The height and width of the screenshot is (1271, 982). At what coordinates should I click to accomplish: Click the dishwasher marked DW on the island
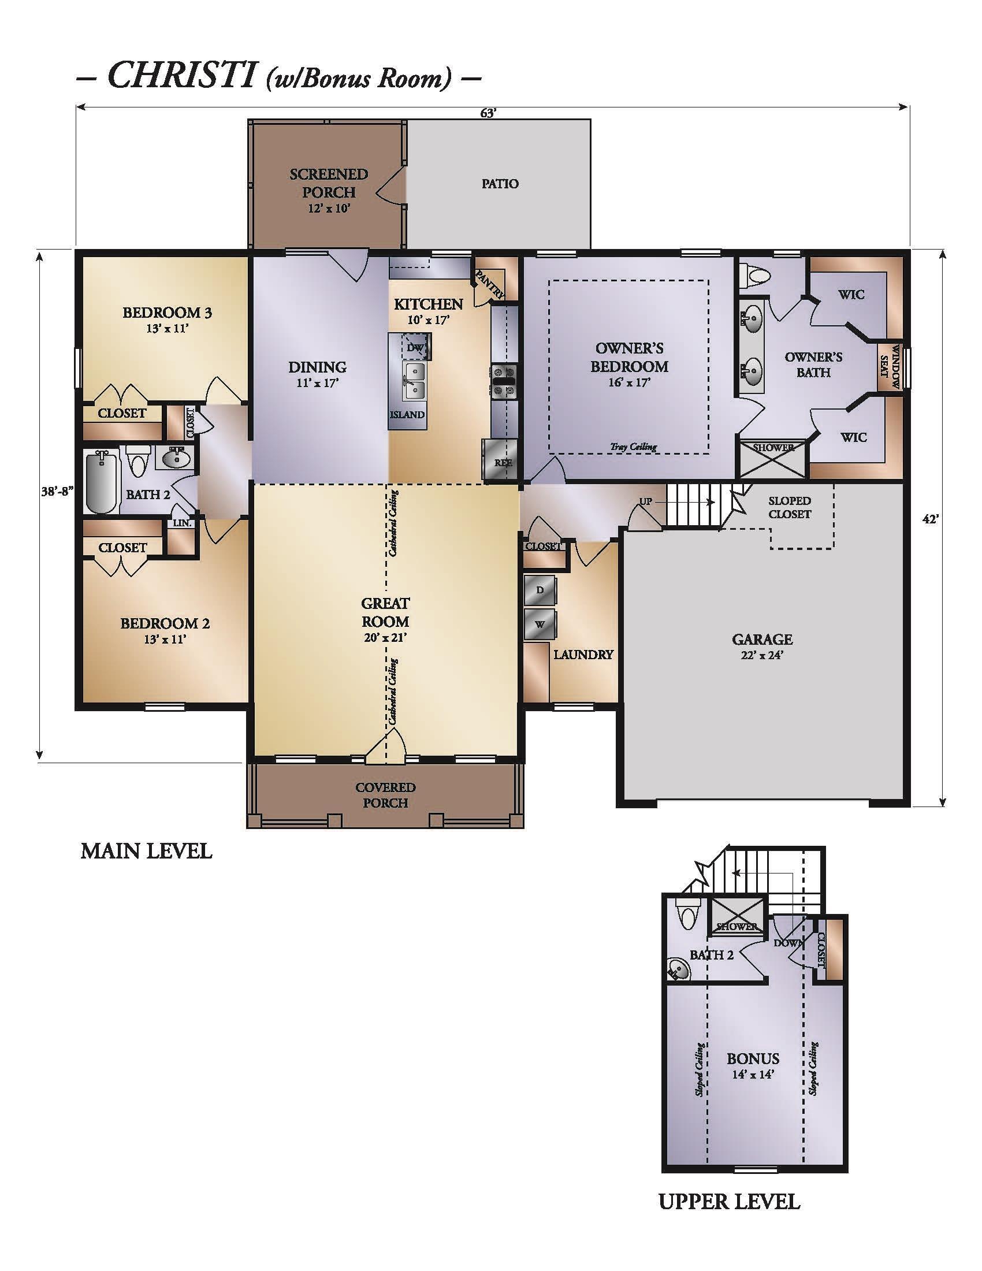pos(416,347)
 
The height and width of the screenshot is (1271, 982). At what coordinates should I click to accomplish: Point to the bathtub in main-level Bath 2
pos(102,481)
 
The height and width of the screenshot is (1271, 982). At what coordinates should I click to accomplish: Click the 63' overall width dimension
pos(488,113)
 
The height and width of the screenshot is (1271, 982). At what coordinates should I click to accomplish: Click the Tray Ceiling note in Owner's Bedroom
pos(634,447)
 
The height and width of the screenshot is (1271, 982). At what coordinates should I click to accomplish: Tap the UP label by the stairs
pos(646,501)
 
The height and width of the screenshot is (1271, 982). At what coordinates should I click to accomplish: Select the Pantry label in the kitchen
pos(490,284)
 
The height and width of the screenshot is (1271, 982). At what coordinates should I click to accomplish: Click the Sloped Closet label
pos(790,507)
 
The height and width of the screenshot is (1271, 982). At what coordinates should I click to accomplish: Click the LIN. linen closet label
pos(182,523)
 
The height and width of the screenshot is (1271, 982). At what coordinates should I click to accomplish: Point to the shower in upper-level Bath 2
pos(736,916)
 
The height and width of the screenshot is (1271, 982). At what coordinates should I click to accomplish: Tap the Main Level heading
pos(146,852)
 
